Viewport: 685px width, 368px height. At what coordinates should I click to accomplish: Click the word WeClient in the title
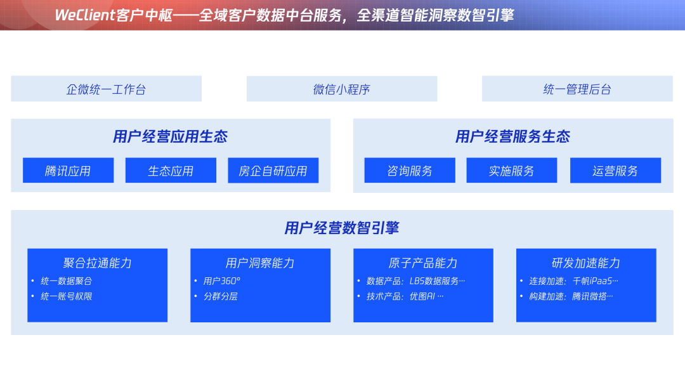click(x=85, y=15)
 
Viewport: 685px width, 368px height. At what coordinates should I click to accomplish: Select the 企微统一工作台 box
click(x=106, y=89)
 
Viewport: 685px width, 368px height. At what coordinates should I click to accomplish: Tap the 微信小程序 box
click(x=341, y=89)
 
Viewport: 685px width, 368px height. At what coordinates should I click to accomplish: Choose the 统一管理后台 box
click(x=577, y=89)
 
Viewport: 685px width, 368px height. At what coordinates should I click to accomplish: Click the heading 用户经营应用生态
click(x=170, y=136)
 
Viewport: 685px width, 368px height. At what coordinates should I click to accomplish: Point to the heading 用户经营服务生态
click(x=512, y=136)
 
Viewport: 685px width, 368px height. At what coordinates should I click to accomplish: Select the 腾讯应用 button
click(x=68, y=171)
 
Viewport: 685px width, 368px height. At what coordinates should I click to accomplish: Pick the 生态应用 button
click(x=171, y=171)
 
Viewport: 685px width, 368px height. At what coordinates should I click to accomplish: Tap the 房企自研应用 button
click(x=273, y=171)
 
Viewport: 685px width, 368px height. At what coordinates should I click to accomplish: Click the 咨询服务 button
click(x=410, y=171)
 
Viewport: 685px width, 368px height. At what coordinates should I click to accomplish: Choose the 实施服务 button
click(x=512, y=171)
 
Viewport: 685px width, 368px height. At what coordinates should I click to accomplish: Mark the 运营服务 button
click(x=615, y=171)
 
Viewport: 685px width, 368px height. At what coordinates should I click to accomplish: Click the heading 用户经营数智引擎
click(x=342, y=228)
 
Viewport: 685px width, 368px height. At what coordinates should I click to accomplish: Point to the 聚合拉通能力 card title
click(x=97, y=263)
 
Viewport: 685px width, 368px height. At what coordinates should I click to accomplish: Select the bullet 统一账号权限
click(x=67, y=296)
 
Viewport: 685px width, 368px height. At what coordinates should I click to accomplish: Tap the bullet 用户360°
click(x=221, y=280)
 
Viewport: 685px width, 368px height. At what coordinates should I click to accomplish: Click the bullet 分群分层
click(x=220, y=296)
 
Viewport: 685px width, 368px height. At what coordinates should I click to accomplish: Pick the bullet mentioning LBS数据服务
click(x=415, y=280)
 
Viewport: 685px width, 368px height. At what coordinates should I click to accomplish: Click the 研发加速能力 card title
click(x=586, y=263)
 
